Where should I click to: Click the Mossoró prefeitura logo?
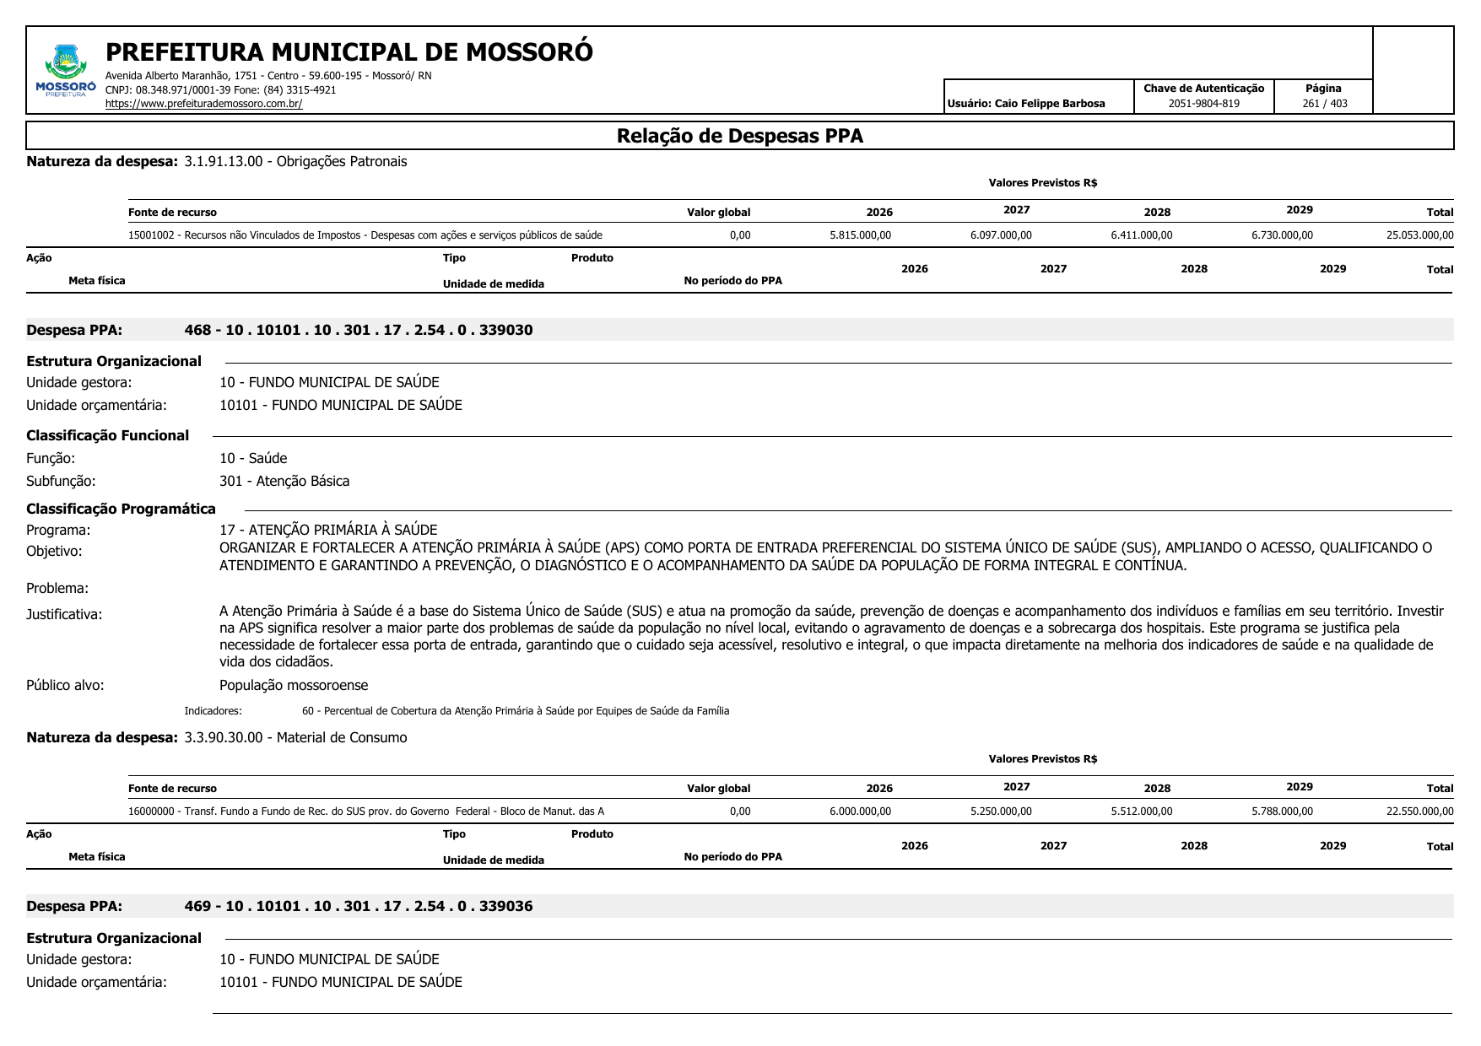[x=66, y=71]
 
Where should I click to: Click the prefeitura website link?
[x=203, y=104]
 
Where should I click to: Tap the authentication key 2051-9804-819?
[x=1203, y=104]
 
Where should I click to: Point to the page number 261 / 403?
[x=1324, y=104]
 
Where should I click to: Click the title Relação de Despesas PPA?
[x=739, y=136]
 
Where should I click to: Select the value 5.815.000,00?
[x=860, y=235]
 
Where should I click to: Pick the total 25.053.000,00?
[x=1419, y=235]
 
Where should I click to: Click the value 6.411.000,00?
[x=1141, y=235]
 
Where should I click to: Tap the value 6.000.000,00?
[x=860, y=811]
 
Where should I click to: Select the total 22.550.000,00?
[x=1419, y=811]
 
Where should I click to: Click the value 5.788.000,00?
[x=1282, y=811]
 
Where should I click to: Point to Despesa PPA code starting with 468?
[x=359, y=330]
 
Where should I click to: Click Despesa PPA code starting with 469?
[x=359, y=906]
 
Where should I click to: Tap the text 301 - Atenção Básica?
[x=284, y=481]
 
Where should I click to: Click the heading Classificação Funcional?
[x=108, y=435]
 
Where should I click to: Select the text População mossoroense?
[x=294, y=685]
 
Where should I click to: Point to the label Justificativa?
[x=64, y=614]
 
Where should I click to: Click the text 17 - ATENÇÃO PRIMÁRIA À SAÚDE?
[x=328, y=530]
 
